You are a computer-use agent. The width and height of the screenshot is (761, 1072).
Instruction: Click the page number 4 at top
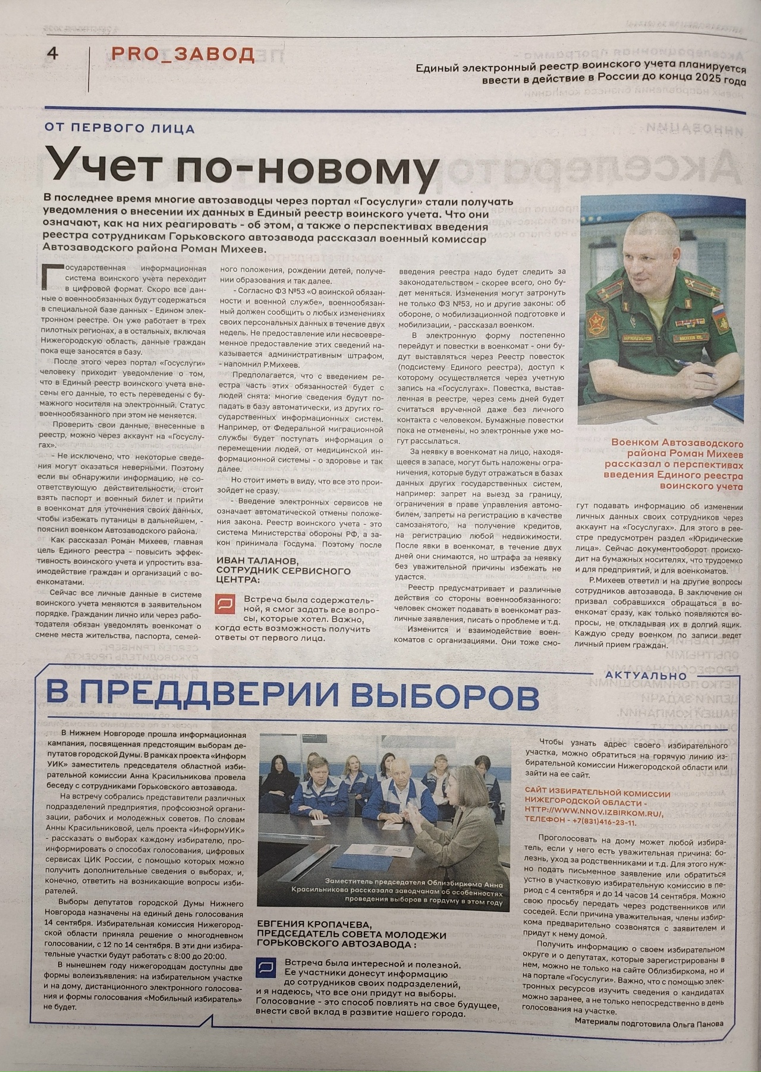52,54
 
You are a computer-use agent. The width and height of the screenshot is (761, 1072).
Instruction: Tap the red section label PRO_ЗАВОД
183,54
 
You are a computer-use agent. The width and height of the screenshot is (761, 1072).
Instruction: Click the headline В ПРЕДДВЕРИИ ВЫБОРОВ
292,696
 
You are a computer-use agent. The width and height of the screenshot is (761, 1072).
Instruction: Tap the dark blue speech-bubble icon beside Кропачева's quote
265,967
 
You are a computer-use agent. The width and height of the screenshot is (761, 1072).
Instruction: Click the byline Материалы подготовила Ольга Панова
649,1023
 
